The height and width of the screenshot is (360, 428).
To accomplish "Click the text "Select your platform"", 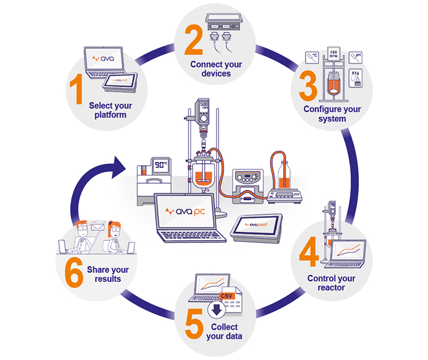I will (110, 110).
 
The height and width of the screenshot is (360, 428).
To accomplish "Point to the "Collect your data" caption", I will (227, 331).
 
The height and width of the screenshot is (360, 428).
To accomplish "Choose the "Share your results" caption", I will (108, 274).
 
